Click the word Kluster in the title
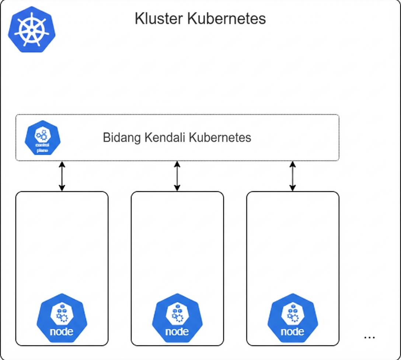[x=159, y=19]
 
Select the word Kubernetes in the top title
[x=226, y=19]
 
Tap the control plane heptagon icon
[x=42, y=138]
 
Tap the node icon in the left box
[x=62, y=318]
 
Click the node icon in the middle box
[x=177, y=318]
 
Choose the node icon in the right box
[x=293, y=318]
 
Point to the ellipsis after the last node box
[x=369, y=337]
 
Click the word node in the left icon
[x=62, y=331]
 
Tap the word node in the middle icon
[x=177, y=331]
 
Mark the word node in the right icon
[x=293, y=331]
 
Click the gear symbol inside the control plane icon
[x=42, y=135]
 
